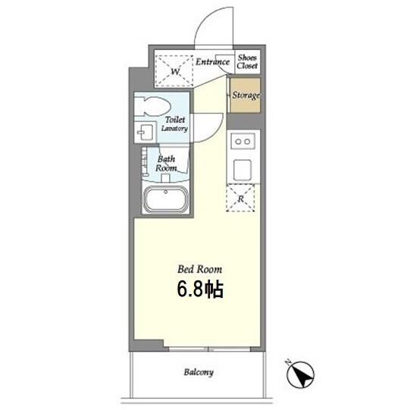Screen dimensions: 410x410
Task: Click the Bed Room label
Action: point(200,269)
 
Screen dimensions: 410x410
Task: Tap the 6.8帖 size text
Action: point(200,290)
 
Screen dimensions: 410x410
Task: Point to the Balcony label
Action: point(199,372)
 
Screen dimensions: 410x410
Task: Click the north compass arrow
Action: point(300,374)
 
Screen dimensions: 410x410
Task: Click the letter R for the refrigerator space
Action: point(240,199)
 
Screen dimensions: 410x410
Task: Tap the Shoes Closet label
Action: point(247,61)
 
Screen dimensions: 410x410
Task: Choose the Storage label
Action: point(246,95)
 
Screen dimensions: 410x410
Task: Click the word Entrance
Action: point(213,61)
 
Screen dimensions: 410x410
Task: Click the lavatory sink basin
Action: point(145,133)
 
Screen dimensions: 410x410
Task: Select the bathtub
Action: point(166,199)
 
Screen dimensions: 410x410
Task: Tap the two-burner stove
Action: point(243,141)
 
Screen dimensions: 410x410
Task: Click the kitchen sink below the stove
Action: point(243,170)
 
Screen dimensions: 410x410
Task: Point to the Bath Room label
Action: point(166,164)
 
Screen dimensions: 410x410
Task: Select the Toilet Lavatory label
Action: point(174,124)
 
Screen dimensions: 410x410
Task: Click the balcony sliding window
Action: point(209,349)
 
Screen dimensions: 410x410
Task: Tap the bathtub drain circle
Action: point(166,192)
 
